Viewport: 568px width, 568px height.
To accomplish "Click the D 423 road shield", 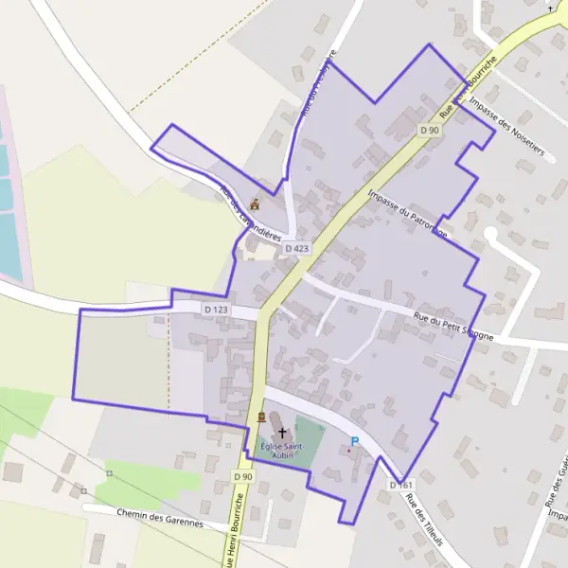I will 297,249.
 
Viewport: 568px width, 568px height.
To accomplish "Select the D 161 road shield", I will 401,485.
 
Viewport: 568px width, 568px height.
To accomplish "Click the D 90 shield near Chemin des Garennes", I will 243,477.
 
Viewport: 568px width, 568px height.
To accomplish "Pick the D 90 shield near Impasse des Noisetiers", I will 430,130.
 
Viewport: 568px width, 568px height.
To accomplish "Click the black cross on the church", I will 282,432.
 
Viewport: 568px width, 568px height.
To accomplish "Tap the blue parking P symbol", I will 355,440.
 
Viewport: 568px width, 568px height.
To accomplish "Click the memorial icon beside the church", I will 261,417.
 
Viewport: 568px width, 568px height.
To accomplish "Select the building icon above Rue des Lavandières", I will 254,203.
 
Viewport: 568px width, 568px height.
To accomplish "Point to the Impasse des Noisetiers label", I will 507,131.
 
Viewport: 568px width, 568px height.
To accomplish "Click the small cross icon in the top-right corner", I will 552,8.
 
